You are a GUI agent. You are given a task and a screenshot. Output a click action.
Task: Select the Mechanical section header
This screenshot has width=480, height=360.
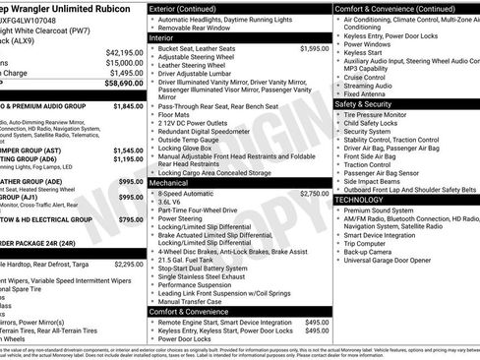pos(168,182)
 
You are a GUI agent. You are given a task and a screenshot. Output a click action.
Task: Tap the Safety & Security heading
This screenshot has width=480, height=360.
pos(370,103)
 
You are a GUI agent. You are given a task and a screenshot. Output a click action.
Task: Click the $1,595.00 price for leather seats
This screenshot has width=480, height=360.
pos(314,47)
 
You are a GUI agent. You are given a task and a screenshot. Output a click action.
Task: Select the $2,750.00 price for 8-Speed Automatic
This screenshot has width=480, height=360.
pos(314,194)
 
